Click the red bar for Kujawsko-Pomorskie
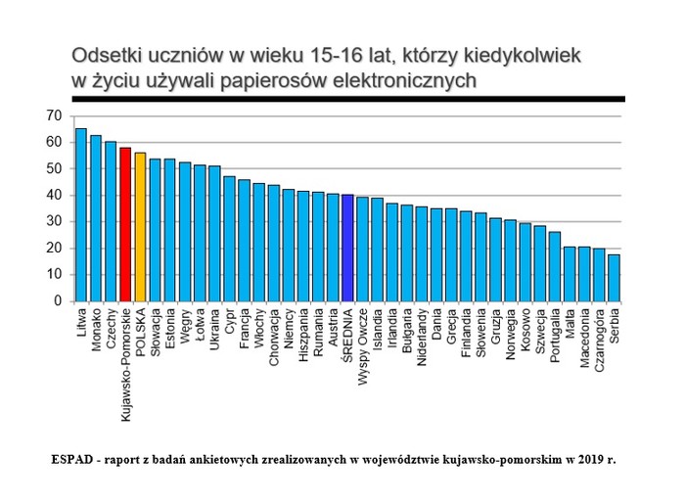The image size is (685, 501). click(x=125, y=224)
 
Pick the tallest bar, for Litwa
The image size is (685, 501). click(x=81, y=214)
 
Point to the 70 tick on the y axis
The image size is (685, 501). click(x=53, y=116)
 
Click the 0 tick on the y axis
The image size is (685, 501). click(x=57, y=300)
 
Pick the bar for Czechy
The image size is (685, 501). click(x=111, y=221)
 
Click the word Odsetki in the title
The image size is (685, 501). click(x=104, y=57)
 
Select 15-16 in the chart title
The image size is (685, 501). click(x=304, y=57)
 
